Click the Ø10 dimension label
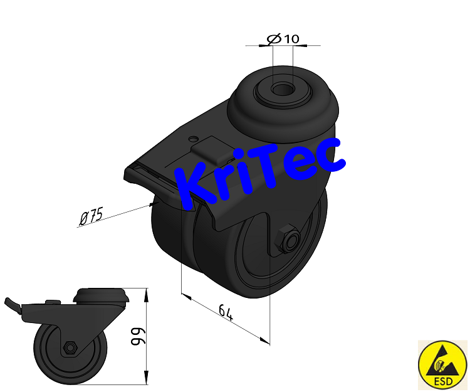coord(283,39)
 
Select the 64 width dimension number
coord(226,312)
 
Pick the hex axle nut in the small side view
coord(69,347)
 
